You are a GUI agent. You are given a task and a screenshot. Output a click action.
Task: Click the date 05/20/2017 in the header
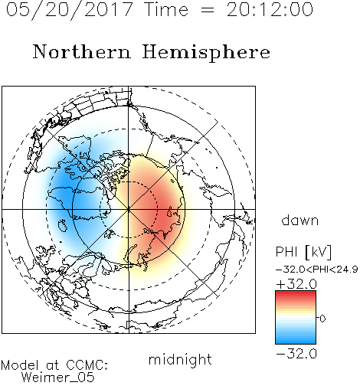pos(70,9)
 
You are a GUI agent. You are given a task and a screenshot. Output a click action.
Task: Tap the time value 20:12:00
pos(270,9)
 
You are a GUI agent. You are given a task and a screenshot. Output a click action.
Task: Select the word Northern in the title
pos(82,51)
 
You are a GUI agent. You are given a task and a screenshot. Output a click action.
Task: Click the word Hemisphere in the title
pos(206,53)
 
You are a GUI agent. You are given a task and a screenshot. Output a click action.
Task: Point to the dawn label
pos(300,220)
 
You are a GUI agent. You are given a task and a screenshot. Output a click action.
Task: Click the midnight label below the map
pos(180,360)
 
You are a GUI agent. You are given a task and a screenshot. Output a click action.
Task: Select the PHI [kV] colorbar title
pos(303,252)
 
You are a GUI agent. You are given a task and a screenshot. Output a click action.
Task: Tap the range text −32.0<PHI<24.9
pos(317,270)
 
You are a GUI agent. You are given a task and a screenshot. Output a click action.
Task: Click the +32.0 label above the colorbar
pos(296,284)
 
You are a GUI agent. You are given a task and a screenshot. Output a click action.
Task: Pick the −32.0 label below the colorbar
pos(296,354)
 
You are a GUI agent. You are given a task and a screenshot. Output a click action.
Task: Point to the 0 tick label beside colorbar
pos(322,319)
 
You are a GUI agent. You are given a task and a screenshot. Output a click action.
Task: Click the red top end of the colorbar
pos(296,293)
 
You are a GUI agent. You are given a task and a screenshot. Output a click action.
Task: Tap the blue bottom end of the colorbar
pos(296,341)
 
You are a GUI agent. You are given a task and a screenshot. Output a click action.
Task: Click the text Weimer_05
pos(58,377)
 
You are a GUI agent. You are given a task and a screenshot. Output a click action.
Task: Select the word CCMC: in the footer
pos(87,365)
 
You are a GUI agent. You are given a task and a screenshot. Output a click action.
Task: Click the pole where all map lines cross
pos(129,209)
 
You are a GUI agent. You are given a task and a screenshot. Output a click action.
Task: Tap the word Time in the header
pos(166,9)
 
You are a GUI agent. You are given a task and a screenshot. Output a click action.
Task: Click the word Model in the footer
pos(20,365)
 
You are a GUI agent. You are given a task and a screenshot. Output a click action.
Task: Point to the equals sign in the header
pos(208,10)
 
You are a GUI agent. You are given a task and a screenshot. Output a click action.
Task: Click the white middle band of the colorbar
pos(296,318)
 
